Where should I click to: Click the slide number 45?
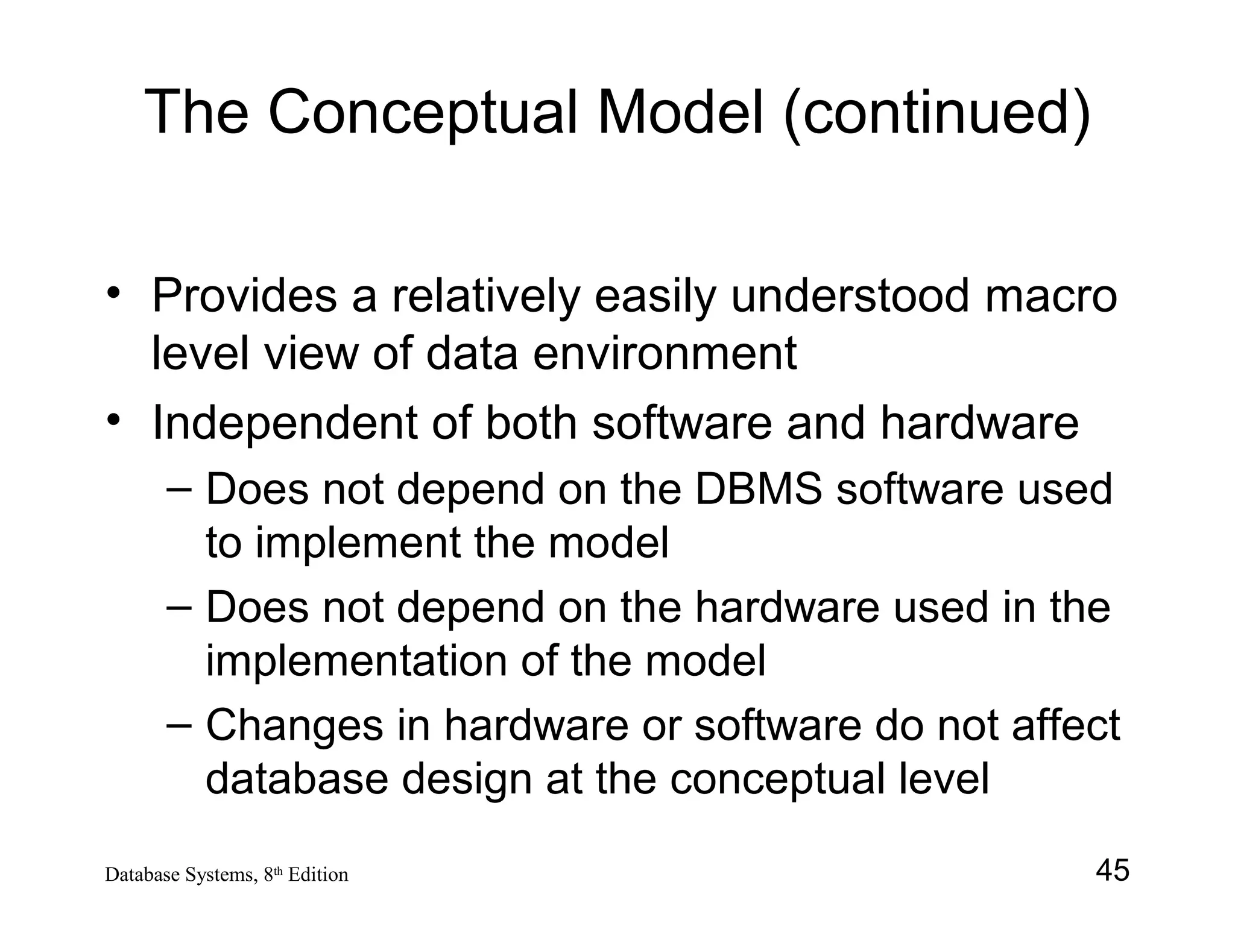pyautogui.click(x=1112, y=871)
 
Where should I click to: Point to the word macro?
pyautogui.click(x=1051, y=297)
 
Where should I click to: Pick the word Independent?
pyautogui.click(x=283, y=423)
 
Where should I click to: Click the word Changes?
pyautogui.click(x=295, y=725)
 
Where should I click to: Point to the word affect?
pyautogui.click(x=1066, y=725)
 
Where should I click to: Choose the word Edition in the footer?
pyautogui.click(x=318, y=875)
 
